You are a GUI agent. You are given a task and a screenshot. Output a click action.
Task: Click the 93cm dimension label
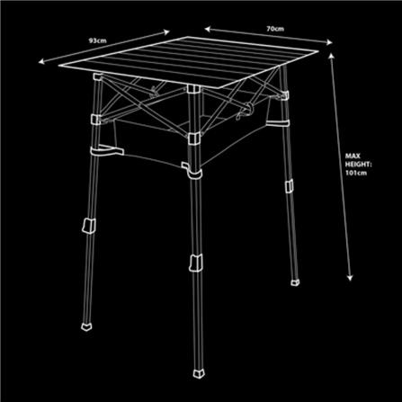click(x=97, y=40)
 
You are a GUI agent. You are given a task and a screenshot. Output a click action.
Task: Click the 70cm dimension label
click(x=275, y=29)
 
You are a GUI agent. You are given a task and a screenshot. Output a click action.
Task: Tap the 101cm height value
click(x=356, y=173)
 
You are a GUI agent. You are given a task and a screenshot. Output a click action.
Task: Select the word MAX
click(x=353, y=156)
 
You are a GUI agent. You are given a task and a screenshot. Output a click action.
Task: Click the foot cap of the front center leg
click(x=199, y=373)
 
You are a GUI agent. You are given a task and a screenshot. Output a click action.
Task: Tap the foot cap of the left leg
click(x=86, y=326)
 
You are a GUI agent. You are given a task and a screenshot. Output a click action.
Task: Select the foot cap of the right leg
click(x=295, y=282)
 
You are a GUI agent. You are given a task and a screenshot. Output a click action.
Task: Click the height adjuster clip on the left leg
click(x=89, y=226)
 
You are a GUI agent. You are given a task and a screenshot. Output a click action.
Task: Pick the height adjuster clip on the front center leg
click(x=196, y=263)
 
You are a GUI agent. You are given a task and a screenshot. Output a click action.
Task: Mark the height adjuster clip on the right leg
click(x=289, y=186)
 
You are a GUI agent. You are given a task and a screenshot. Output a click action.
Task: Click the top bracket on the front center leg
click(x=193, y=89)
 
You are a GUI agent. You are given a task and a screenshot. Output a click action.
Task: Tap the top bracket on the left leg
click(x=98, y=76)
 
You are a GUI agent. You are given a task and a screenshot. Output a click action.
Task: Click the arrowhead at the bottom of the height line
click(x=350, y=278)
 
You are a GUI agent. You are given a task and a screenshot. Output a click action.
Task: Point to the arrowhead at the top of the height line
click(x=331, y=57)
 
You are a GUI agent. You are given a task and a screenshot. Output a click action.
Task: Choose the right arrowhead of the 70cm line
click(x=329, y=42)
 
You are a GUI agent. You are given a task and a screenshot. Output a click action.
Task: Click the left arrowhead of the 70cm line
click(x=208, y=29)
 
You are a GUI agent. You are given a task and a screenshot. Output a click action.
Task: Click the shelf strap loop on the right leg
click(x=278, y=123)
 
